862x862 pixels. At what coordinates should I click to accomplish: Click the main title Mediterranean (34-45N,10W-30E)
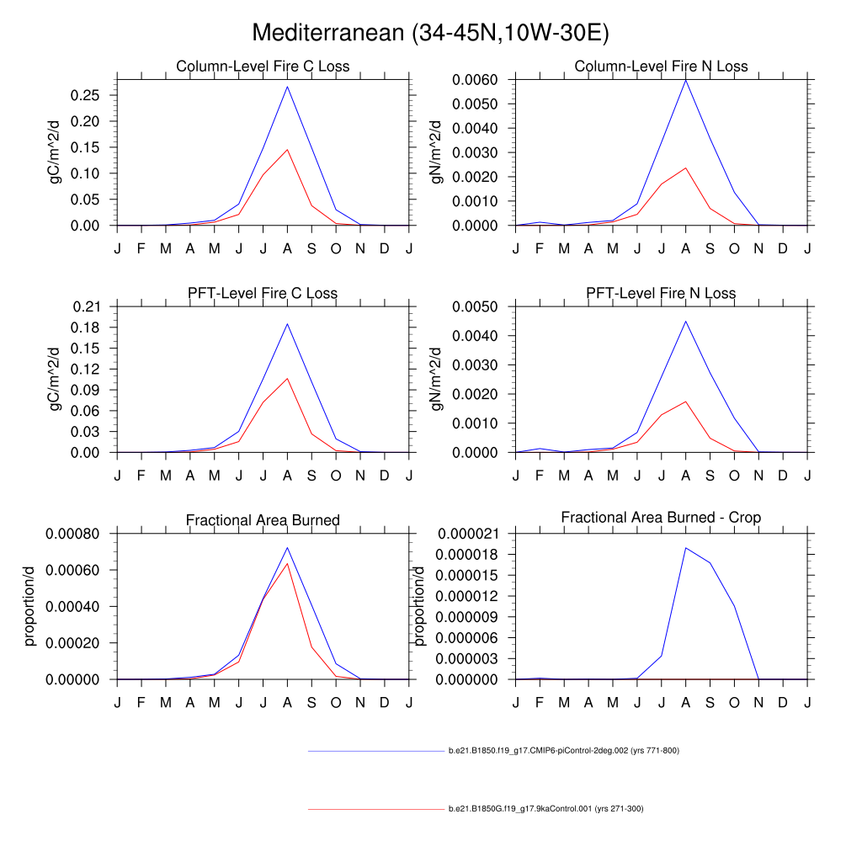[430, 33]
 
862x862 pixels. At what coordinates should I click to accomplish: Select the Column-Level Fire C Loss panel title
[263, 67]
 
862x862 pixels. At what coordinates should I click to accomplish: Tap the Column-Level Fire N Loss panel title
[661, 67]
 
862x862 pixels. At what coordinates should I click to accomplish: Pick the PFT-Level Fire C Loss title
[263, 294]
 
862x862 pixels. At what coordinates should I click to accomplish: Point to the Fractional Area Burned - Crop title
[661, 518]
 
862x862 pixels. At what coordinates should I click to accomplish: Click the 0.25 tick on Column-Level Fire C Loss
[88, 95]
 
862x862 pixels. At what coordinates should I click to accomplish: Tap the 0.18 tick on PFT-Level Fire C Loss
[88, 327]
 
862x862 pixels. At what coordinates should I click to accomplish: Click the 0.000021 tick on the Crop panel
[470, 534]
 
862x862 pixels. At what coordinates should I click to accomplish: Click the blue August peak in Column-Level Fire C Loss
[287, 87]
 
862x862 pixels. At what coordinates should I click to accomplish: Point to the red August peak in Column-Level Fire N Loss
[685, 168]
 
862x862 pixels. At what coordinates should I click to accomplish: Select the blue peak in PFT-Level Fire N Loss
[685, 321]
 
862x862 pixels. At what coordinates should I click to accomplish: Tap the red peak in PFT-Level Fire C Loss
[287, 378]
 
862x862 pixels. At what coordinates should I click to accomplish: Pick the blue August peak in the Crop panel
[685, 548]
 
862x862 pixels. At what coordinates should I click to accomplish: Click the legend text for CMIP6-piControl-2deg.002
[563, 750]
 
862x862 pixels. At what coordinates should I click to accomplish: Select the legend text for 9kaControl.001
[545, 809]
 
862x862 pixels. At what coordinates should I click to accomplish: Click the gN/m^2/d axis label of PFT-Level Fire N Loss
[437, 379]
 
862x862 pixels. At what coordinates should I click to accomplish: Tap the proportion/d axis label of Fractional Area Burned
[30, 606]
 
